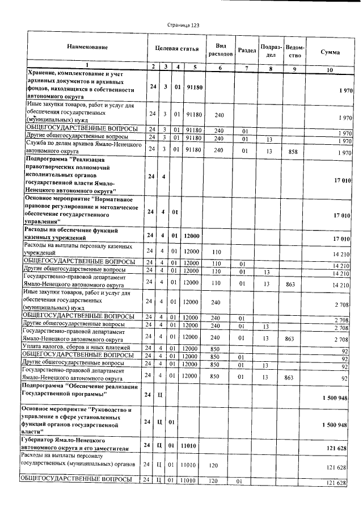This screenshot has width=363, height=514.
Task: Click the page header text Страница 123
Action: point(183,25)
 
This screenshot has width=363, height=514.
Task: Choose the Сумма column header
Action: point(330,52)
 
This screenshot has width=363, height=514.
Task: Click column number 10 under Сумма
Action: point(330,69)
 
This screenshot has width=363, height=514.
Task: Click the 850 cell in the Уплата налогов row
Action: point(215,348)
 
